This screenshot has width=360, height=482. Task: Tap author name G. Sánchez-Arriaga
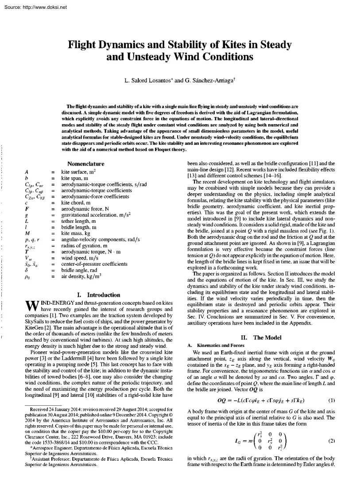[208, 82]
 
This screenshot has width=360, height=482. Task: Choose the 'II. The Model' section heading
[261, 325]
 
